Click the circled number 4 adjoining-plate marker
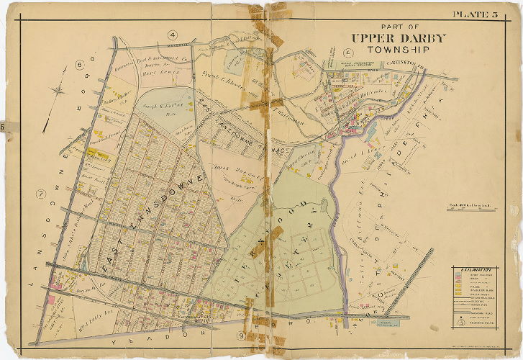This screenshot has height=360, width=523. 173,35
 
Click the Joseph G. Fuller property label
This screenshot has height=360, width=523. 168,105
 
